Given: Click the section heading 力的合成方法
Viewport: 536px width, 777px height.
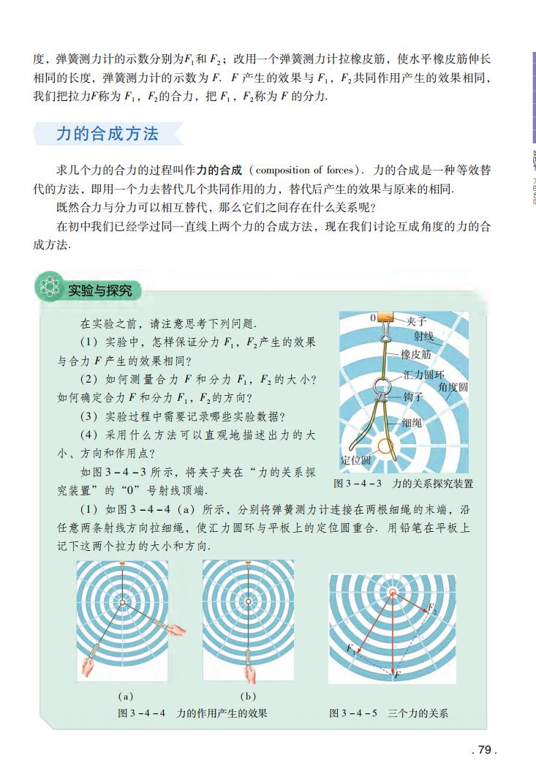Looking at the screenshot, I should [107, 134].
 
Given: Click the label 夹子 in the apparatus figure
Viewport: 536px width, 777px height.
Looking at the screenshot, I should [416, 320].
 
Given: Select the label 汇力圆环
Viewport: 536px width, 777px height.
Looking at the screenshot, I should [424, 374].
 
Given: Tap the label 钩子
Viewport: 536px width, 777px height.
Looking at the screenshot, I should [414, 397].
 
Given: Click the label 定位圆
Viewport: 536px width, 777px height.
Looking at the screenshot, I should [356, 460].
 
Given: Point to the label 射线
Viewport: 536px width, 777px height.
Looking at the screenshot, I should [424, 336].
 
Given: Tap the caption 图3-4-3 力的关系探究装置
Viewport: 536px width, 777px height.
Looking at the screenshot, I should [403, 484].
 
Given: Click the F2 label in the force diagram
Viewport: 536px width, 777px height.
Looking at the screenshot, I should [432, 609].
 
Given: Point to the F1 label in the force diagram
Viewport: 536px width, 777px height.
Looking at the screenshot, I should [351, 649].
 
